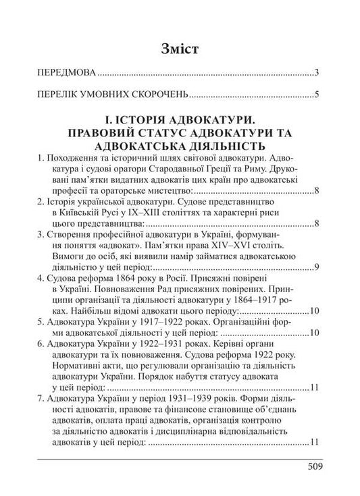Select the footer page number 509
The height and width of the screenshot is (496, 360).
314,466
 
